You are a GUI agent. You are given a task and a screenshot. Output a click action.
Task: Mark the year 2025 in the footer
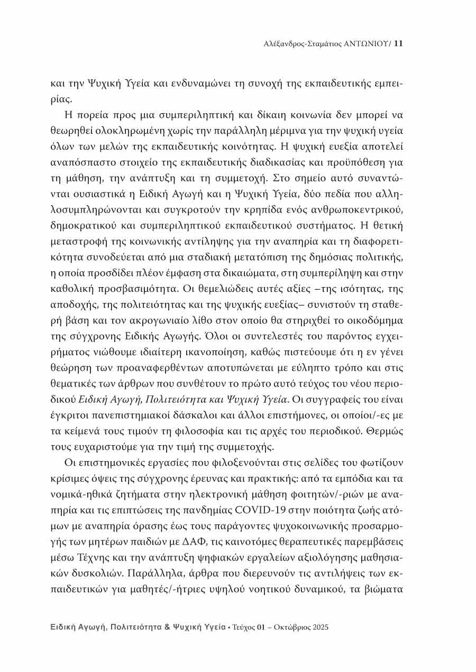click(x=319, y=627)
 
